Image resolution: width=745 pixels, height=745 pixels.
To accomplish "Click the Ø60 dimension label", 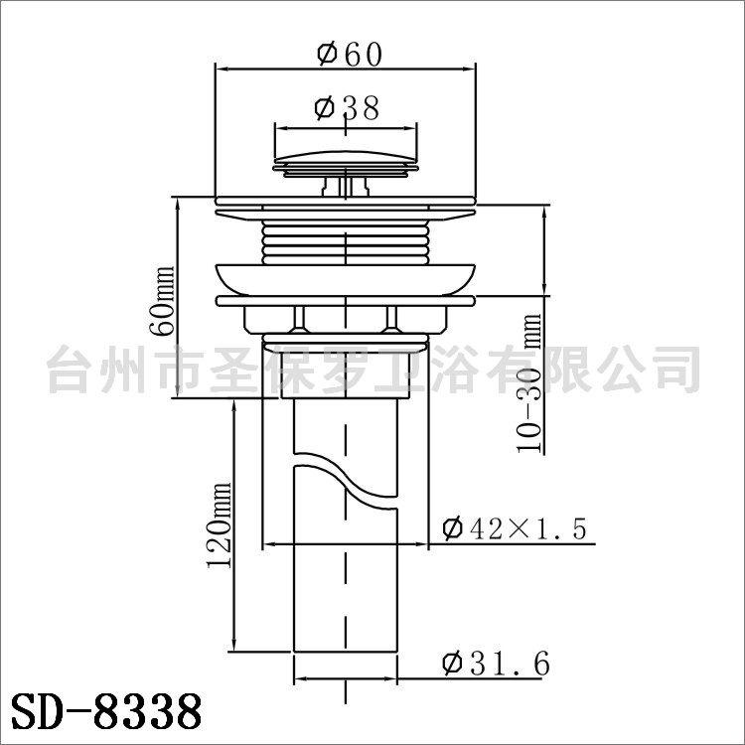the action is [x=350, y=54].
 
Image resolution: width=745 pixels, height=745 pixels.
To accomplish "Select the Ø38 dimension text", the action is [x=347, y=108].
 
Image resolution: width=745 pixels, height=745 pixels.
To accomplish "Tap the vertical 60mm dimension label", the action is [x=163, y=301].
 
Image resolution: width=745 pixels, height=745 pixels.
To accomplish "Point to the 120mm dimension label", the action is [x=220, y=525].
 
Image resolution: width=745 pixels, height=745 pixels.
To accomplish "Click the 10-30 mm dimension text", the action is [x=529, y=383].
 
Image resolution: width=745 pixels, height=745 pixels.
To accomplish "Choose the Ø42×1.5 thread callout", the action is [x=515, y=527].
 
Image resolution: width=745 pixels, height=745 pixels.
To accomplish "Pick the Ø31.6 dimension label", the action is [x=496, y=663].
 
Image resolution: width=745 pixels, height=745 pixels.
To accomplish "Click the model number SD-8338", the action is [x=106, y=711].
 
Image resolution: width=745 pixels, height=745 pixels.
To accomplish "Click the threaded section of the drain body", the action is [x=346, y=243].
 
